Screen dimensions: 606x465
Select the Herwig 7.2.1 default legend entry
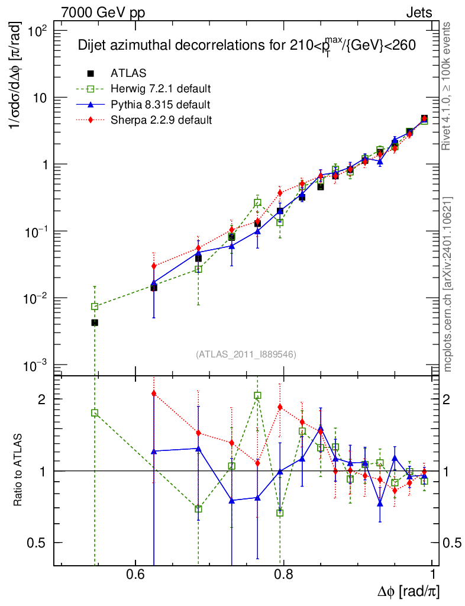pyautogui.click(x=160, y=89)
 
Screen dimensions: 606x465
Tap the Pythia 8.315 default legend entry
pyautogui.click(x=160, y=105)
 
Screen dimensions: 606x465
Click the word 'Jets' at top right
pyautogui.click(x=418, y=12)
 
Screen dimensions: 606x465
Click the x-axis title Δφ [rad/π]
pyautogui.click(x=408, y=591)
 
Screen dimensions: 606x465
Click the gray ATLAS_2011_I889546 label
pyautogui.click(x=246, y=354)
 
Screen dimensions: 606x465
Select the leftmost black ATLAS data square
pyautogui.click(x=95, y=323)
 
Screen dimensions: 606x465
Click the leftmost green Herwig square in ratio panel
pyautogui.click(x=95, y=413)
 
